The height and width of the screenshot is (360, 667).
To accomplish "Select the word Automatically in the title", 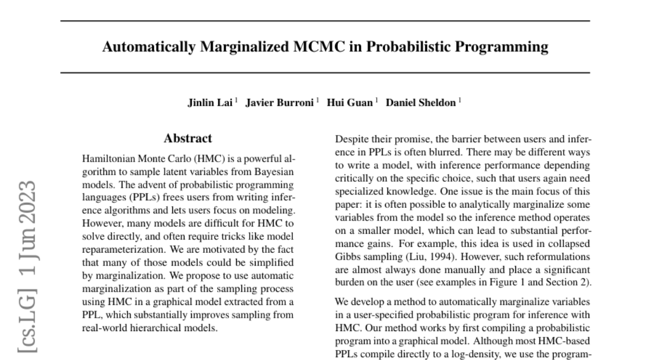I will pos(148,47).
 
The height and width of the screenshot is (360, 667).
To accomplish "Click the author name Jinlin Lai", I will pos(211,103).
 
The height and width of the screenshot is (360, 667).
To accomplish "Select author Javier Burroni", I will pos(282,103).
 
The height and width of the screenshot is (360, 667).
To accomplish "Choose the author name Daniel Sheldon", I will pos(421,103).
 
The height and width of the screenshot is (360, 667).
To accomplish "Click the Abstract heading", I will pos(188,138).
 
